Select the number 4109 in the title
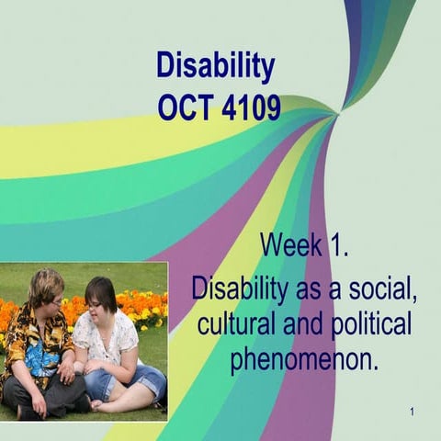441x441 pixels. tap(250, 108)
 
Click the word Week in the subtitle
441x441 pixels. tap(289, 246)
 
